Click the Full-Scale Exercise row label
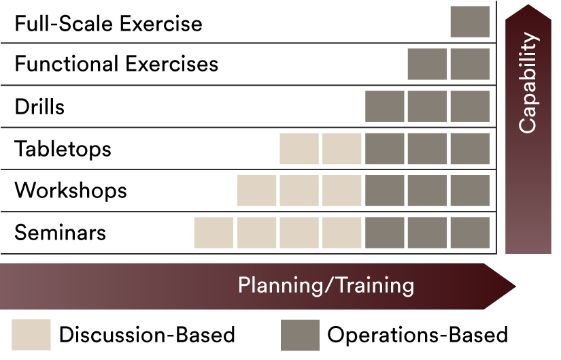[x=108, y=24]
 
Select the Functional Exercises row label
[x=116, y=64]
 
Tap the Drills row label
[x=39, y=106]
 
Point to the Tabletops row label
[x=63, y=149]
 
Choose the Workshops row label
[x=71, y=191]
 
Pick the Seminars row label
[x=60, y=233]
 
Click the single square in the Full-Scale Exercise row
[x=470, y=22]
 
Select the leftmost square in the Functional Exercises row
[x=427, y=64]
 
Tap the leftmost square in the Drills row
[x=385, y=106]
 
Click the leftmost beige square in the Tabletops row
[x=299, y=148]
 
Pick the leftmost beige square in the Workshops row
[x=256, y=191]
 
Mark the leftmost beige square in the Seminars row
[x=214, y=233]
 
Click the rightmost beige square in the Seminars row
[x=341, y=233]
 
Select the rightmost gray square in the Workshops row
[x=470, y=191]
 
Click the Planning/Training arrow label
[x=326, y=286]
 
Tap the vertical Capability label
[x=528, y=83]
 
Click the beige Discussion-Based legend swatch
[x=31, y=335]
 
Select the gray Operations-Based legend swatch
[x=300, y=335]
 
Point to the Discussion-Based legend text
[x=147, y=335]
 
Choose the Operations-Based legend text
[x=418, y=336]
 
